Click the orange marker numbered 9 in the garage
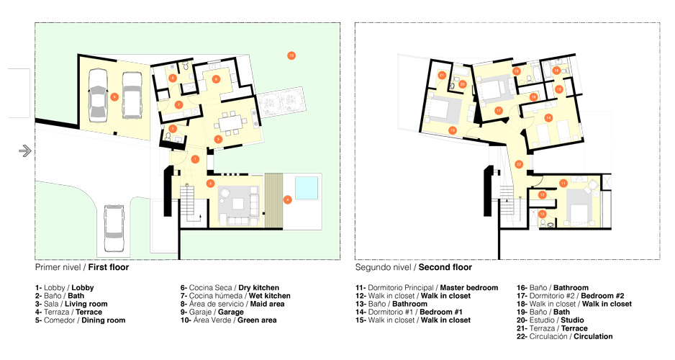(114, 97)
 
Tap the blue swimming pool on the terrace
(307, 188)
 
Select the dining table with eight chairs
(232, 122)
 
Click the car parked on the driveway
(114, 228)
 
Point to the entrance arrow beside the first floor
(25, 150)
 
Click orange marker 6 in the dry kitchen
(216, 78)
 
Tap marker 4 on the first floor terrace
(288, 199)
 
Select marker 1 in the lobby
(195, 159)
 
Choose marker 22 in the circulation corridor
(519, 164)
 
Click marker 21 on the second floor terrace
(442, 75)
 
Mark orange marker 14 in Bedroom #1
(548, 117)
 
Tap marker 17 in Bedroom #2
(499, 111)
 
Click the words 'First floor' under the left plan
(109, 267)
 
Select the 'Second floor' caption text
(445, 267)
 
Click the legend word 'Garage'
(231, 312)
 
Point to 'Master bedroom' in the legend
(468, 288)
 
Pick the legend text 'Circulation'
(593, 337)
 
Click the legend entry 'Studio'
(572, 320)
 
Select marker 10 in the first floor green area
(291, 55)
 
